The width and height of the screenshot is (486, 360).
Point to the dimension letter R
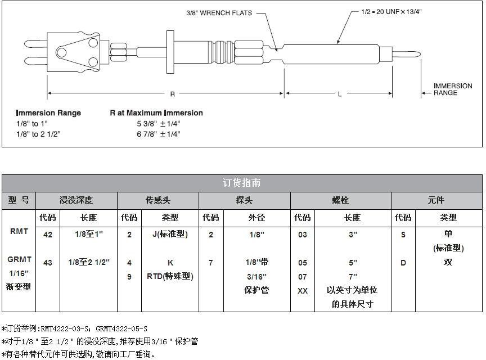(x=173, y=93)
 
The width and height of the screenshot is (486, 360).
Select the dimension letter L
(x=340, y=94)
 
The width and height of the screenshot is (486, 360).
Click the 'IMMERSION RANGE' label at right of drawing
(x=452, y=89)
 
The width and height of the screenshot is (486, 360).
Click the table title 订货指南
(x=242, y=183)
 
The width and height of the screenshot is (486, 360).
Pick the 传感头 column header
(x=158, y=200)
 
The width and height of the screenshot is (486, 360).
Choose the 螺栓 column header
(x=340, y=200)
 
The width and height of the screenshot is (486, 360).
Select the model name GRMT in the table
(x=19, y=259)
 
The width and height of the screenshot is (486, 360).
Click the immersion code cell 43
(x=48, y=263)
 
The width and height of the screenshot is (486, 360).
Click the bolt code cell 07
(x=303, y=277)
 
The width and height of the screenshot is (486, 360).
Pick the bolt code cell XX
(x=303, y=291)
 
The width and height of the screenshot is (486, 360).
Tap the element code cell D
(x=403, y=263)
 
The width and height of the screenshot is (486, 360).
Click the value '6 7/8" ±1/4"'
(x=158, y=134)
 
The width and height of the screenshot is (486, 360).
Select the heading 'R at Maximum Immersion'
(x=156, y=113)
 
